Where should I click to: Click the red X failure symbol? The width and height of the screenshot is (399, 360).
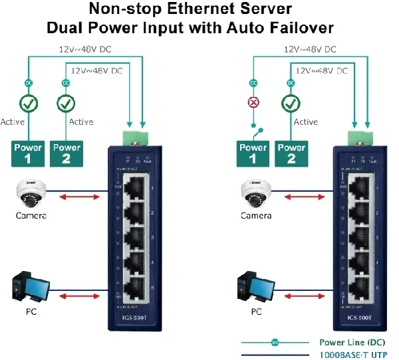(x=253, y=103)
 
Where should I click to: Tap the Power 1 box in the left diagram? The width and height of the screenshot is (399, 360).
(x=29, y=153)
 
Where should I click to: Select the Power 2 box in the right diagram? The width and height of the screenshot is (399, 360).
(x=291, y=153)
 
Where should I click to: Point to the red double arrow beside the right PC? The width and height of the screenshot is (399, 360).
(x=309, y=296)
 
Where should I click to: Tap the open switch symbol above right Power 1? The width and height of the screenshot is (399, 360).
(x=253, y=127)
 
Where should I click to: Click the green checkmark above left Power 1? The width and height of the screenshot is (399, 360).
(x=29, y=104)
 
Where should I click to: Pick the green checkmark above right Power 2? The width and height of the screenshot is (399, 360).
(x=290, y=104)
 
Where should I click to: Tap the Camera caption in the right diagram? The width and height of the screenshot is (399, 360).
(x=256, y=216)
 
